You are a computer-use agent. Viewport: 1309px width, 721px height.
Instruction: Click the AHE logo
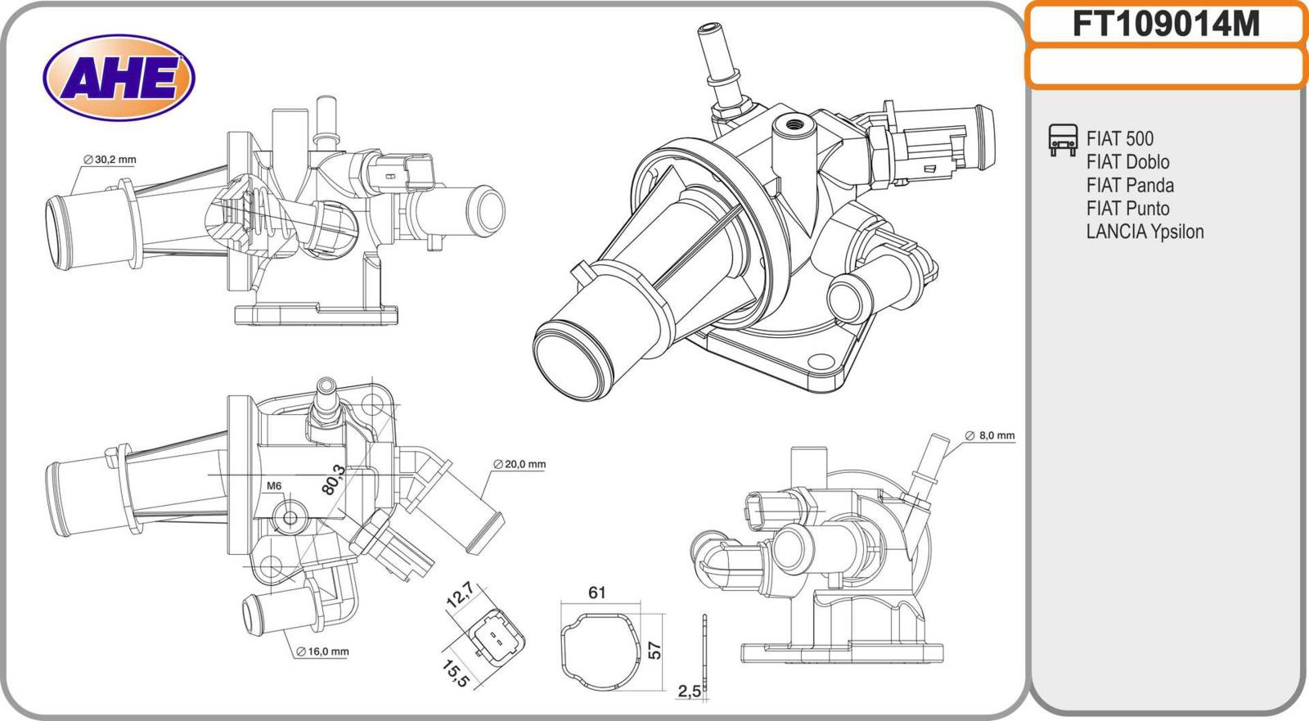pyautogui.click(x=119, y=78)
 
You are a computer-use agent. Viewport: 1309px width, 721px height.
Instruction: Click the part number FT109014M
pyautogui.click(x=1166, y=25)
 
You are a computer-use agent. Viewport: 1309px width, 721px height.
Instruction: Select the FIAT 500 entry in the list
pyautogui.click(x=1119, y=138)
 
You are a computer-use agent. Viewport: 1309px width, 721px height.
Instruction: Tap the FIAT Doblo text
pyautogui.click(x=1127, y=161)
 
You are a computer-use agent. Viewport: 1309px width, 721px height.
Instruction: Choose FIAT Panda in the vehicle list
pyautogui.click(x=1130, y=185)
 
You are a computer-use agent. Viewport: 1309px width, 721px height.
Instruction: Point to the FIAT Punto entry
pyautogui.click(x=1127, y=208)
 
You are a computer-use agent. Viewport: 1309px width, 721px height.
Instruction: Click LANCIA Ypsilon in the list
pyautogui.click(x=1145, y=232)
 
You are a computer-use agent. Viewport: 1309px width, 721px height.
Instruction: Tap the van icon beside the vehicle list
pyautogui.click(x=1062, y=140)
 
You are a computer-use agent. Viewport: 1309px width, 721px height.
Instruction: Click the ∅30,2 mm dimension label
pyautogui.click(x=109, y=160)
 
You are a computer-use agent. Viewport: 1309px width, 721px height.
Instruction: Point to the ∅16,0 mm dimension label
pyautogui.click(x=322, y=651)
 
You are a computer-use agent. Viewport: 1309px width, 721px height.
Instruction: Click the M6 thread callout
pyautogui.click(x=274, y=486)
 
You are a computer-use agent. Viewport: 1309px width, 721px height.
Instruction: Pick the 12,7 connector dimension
pyautogui.click(x=459, y=594)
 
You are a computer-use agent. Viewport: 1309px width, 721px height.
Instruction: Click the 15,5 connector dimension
pyautogui.click(x=454, y=673)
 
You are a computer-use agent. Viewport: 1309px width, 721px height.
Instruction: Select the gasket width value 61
pyautogui.click(x=597, y=592)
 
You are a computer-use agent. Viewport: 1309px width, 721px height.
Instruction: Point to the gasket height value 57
pyautogui.click(x=654, y=650)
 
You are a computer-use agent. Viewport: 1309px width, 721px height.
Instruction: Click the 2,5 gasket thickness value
pyautogui.click(x=689, y=692)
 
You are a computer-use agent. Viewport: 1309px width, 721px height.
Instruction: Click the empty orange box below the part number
pyautogui.click(x=1166, y=67)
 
